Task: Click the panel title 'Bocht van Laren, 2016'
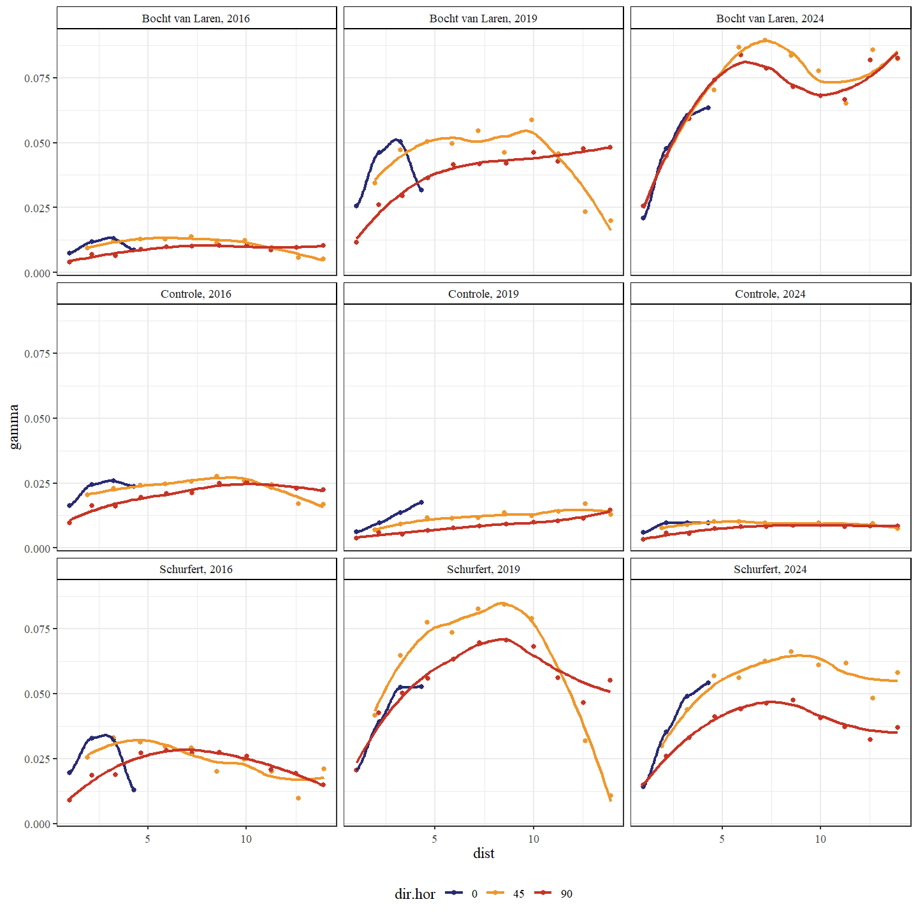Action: tap(196, 18)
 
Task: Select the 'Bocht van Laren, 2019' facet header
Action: tap(483, 18)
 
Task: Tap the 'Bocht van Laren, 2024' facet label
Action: tap(770, 18)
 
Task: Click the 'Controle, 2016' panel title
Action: tap(196, 294)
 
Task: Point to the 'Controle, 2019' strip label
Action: tap(483, 294)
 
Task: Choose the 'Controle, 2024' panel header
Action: tap(770, 294)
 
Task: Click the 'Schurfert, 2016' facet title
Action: tap(196, 569)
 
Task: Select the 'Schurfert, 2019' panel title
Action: tap(483, 569)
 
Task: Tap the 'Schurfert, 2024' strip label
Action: tap(770, 569)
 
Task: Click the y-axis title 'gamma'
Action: tap(14, 427)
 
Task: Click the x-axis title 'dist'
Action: tap(483, 853)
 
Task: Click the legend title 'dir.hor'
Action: tap(414, 894)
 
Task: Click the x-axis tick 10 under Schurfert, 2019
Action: tap(533, 839)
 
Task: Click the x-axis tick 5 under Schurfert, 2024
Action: tap(722, 839)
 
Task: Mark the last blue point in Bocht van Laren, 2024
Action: tap(708, 108)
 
